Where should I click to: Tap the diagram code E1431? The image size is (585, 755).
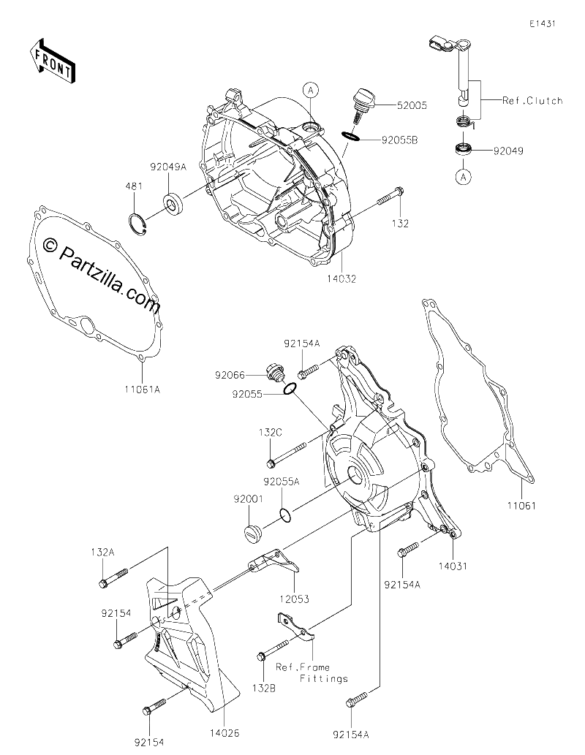pyautogui.click(x=542, y=23)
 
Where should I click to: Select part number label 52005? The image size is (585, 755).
pyautogui.click(x=412, y=105)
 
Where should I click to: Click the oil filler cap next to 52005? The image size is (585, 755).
pyautogui.click(x=365, y=105)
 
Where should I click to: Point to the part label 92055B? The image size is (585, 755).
pyautogui.click(x=399, y=140)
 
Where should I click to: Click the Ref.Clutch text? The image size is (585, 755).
pyautogui.click(x=532, y=101)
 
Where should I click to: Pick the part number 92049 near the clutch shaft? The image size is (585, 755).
pyautogui.click(x=508, y=151)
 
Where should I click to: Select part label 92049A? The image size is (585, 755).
pyautogui.click(x=167, y=167)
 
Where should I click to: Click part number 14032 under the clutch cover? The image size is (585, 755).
pyautogui.click(x=341, y=278)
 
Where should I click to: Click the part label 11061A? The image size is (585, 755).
pyautogui.click(x=143, y=389)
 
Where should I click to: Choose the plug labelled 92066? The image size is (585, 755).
pyautogui.click(x=276, y=375)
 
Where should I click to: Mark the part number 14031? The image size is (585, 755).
pyautogui.click(x=453, y=566)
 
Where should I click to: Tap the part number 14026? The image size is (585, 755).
pyautogui.click(x=224, y=733)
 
